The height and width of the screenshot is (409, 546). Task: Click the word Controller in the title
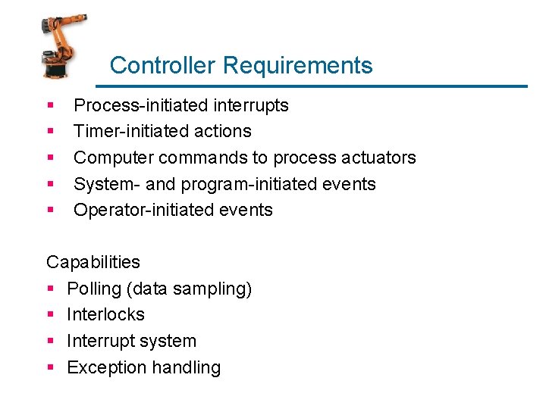[162, 65]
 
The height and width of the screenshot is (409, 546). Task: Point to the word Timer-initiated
[125, 131]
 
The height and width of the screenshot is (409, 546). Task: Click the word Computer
[111, 158]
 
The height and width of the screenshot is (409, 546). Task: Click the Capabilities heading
[93, 262]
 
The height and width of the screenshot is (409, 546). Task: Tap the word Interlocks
[105, 314]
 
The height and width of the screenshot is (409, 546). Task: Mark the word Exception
[104, 367]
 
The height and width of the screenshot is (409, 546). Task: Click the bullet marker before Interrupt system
[50, 342]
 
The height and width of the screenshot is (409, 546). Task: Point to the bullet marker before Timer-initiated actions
[50, 132]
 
